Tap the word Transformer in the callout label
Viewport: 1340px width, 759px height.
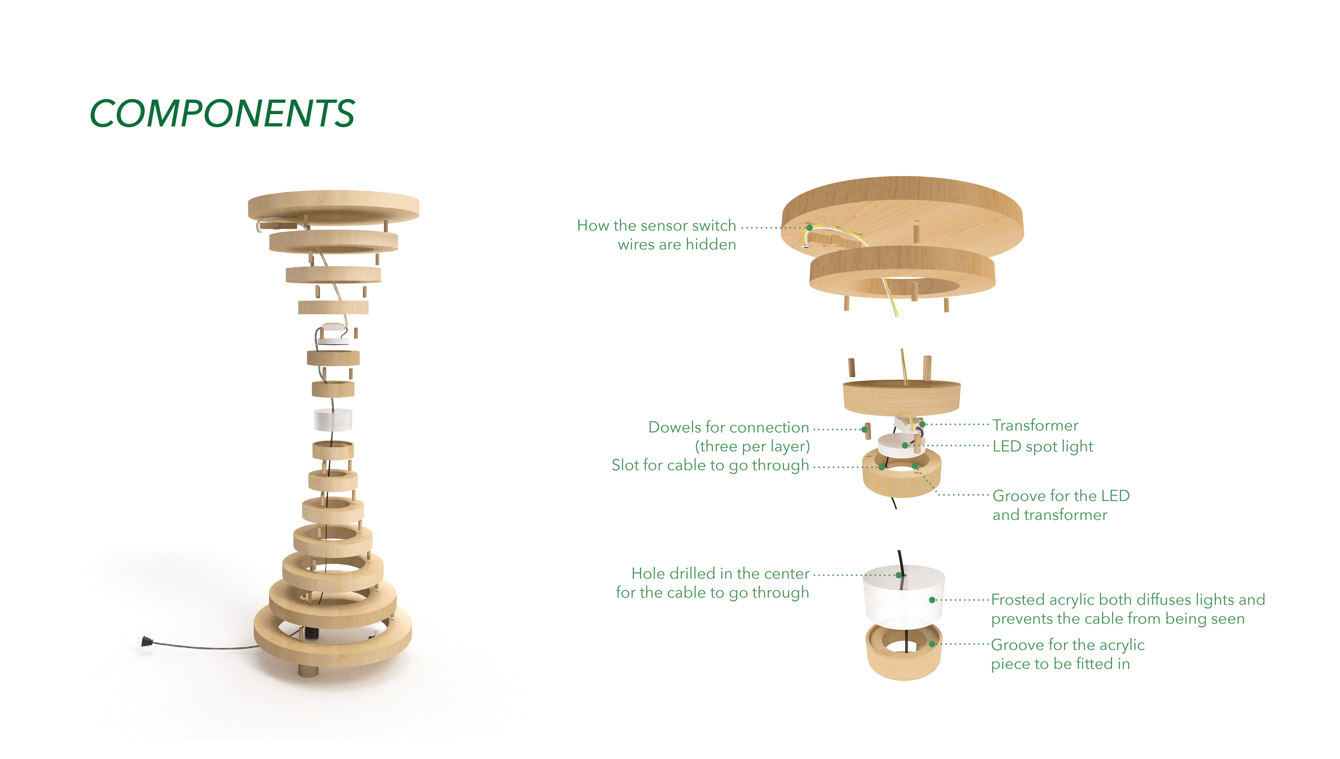tap(1035, 425)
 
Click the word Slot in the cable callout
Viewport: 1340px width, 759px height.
tap(626, 465)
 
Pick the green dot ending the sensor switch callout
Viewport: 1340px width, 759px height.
tap(810, 228)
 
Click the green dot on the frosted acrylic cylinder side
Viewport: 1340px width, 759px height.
tap(932, 600)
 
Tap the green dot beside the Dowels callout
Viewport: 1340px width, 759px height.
tap(864, 430)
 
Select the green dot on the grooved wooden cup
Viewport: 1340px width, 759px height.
tap(932, 644)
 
